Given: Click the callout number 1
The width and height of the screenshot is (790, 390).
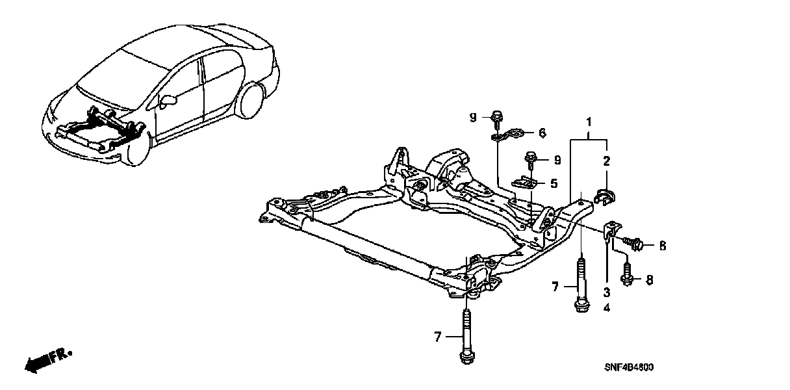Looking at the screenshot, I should coord(589,122).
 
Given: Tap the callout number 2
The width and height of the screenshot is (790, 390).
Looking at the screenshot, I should coord(606,161).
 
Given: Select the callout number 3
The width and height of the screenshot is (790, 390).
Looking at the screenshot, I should coord(606,292).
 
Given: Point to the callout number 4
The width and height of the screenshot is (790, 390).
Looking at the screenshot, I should coord(606,307).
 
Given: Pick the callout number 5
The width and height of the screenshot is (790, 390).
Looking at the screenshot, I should coord(554,184).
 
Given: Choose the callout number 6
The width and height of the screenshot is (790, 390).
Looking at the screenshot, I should coord(542,133).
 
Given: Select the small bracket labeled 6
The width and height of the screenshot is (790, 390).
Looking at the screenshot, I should coord(508,136).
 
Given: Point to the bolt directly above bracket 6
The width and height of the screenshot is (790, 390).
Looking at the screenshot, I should coord(496,118).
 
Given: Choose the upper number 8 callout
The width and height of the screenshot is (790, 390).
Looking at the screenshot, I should coord(663,246).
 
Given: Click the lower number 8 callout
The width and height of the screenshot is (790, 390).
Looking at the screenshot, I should coord(649,280).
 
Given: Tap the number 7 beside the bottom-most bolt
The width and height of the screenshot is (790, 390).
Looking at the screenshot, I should coord(438,337).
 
